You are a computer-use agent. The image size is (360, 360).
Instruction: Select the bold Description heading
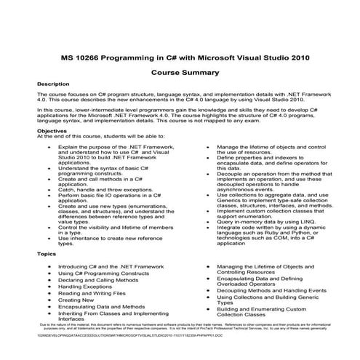tap(53, 84)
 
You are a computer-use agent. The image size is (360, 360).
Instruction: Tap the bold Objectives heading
tap(52, 130)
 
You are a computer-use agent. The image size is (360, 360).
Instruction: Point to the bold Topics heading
tap(46, 255)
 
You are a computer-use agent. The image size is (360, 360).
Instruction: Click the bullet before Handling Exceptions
tap(47, 287)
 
